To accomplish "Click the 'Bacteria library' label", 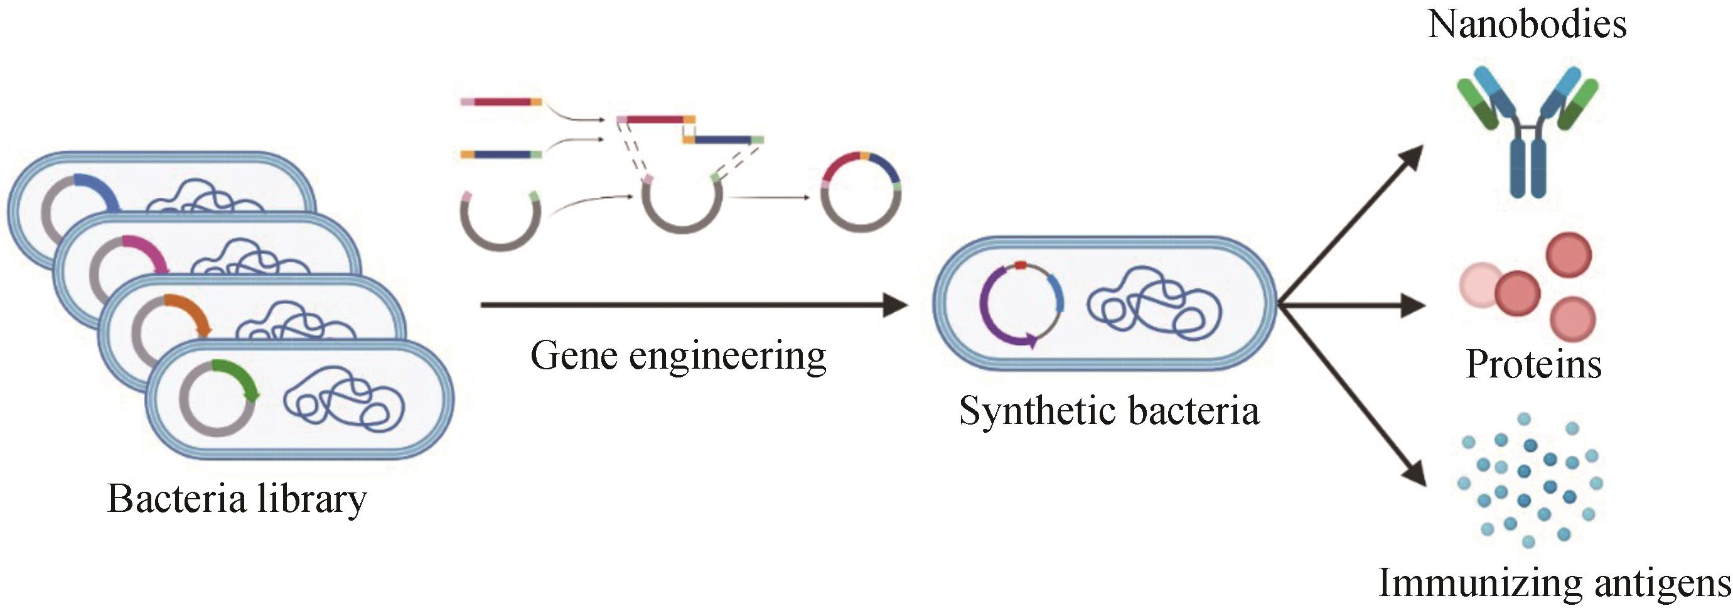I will tap(237, 499).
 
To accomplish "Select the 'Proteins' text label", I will tap(1533, 365).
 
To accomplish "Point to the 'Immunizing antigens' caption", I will tap(1554, 583).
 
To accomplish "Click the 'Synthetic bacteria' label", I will tap(1108, 411).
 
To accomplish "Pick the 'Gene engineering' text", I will tap(678, 355).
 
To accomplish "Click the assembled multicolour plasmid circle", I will tap(862, 192).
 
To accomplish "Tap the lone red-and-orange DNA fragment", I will tap(502, 102).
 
